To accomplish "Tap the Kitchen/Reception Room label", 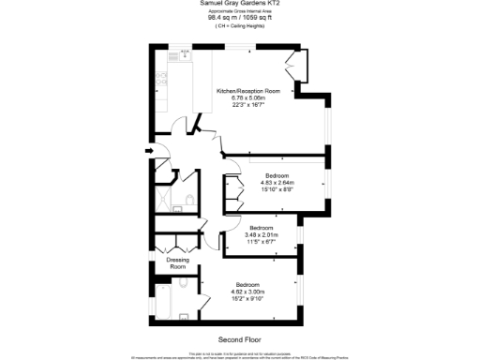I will coord(248,91).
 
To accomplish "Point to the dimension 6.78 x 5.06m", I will coord(248,97).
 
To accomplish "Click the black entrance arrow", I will coord(150,150).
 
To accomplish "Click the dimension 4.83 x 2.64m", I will coord(278,183).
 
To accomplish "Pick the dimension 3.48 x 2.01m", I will coord(262,235).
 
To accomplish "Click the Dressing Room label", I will coord(177,263).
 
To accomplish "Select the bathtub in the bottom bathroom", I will coord(162,307).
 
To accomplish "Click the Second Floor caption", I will coord(240,338).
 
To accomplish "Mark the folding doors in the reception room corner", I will coord(298,65).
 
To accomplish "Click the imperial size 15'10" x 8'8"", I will coord(278,189).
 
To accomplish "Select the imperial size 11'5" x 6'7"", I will coord(262,242).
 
